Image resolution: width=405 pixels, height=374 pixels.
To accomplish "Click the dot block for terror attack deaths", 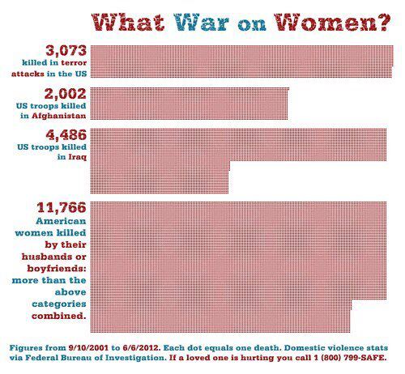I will click(x=242, y=62).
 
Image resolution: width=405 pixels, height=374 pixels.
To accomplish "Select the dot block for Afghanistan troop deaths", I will click(x=190, y=104).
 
